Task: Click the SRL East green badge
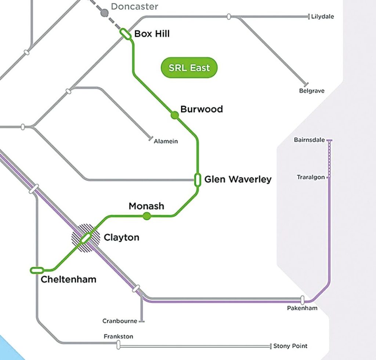[189, 68]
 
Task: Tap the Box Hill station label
[152, 34]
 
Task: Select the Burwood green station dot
[175, 115]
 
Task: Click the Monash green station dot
[147, 216]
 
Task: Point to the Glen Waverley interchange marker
[198, 180]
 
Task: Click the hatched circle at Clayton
[86, 238]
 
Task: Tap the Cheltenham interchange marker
[37, 270]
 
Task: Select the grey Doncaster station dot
[105, 13]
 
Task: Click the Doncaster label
[134, 6]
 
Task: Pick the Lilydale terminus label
[322, 17]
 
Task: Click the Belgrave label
[312, 91]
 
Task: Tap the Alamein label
[166, 141]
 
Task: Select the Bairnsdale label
[309, 140]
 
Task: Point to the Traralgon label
[311, 177]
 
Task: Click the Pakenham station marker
[303, 300]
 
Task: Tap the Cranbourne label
[120, 321]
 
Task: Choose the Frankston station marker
[118, 345]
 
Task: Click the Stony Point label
[290, 346]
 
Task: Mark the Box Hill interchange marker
[126, 34]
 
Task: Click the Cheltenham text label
[68, 280]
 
